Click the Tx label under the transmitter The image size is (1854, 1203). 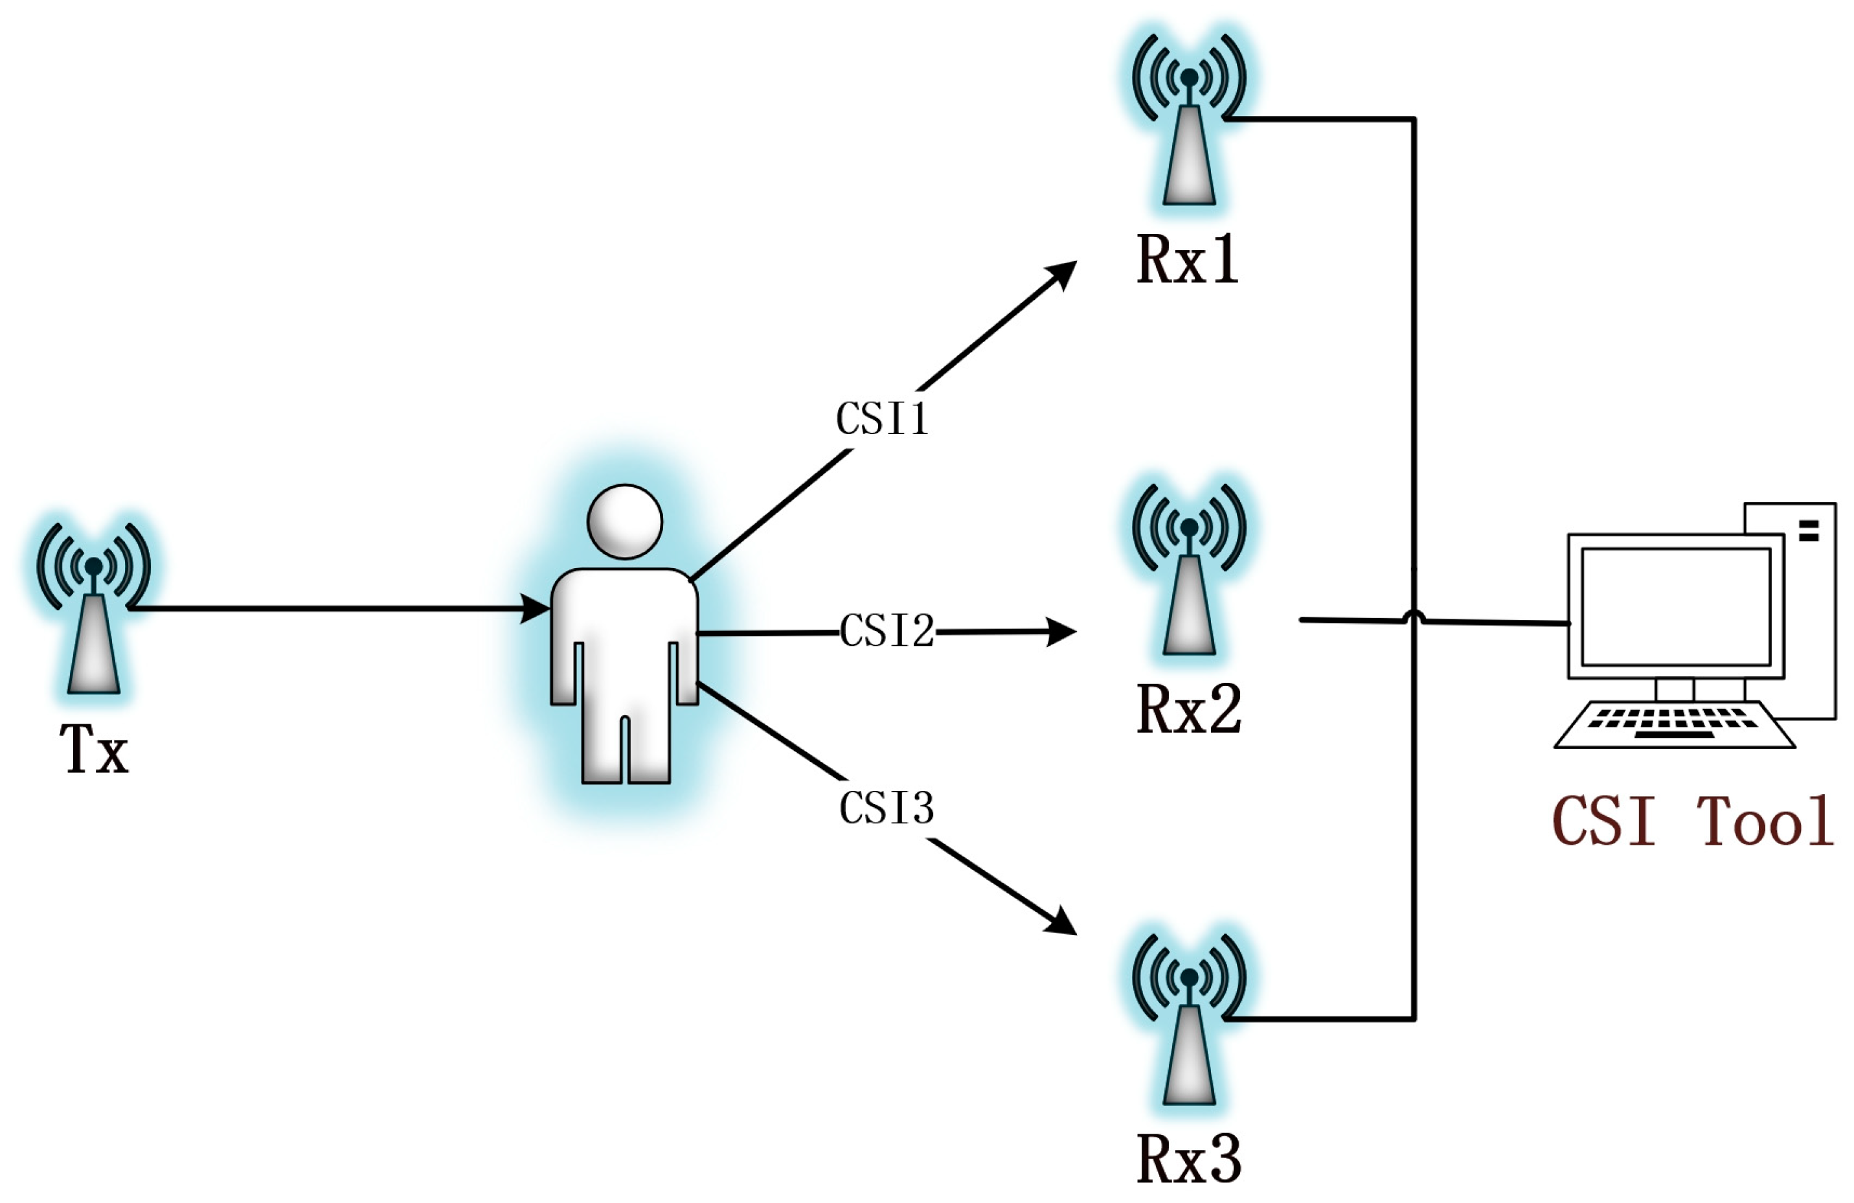[x=95, y=749]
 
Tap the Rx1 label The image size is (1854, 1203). [x=1187, y=260]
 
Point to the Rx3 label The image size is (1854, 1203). [x=1189, y=1160]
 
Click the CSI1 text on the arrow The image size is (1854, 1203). [x=882, y=418]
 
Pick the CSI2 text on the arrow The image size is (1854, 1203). [x=887, y=631]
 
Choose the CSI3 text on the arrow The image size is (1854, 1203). [x=886, y=808]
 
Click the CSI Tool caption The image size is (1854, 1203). [x=1692, y=821]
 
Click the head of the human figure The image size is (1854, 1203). [x=624, y=522]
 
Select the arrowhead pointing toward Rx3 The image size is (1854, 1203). [x=1061, y=922]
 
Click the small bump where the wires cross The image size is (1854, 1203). [x=1414, y=618]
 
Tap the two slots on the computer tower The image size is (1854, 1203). [x=1809, y=531]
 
